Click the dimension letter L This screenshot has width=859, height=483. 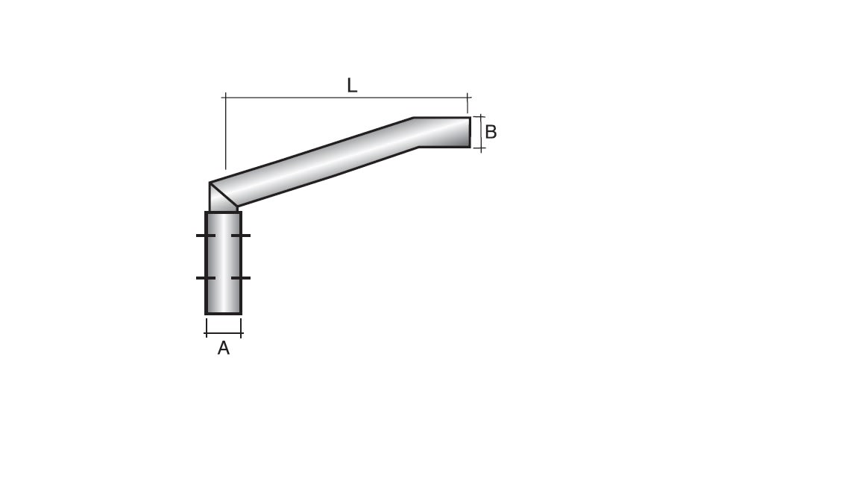352,86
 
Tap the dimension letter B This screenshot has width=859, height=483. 491,133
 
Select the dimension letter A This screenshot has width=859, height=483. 223,348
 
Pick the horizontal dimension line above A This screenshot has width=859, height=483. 224,333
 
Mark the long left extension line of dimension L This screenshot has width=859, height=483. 225,134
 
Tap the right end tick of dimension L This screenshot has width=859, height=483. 468,97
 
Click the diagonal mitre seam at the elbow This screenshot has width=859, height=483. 223,195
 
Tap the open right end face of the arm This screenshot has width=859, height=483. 470,133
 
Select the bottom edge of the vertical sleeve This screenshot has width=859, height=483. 224,313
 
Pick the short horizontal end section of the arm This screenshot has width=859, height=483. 444,133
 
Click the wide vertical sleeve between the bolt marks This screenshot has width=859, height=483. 224,257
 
